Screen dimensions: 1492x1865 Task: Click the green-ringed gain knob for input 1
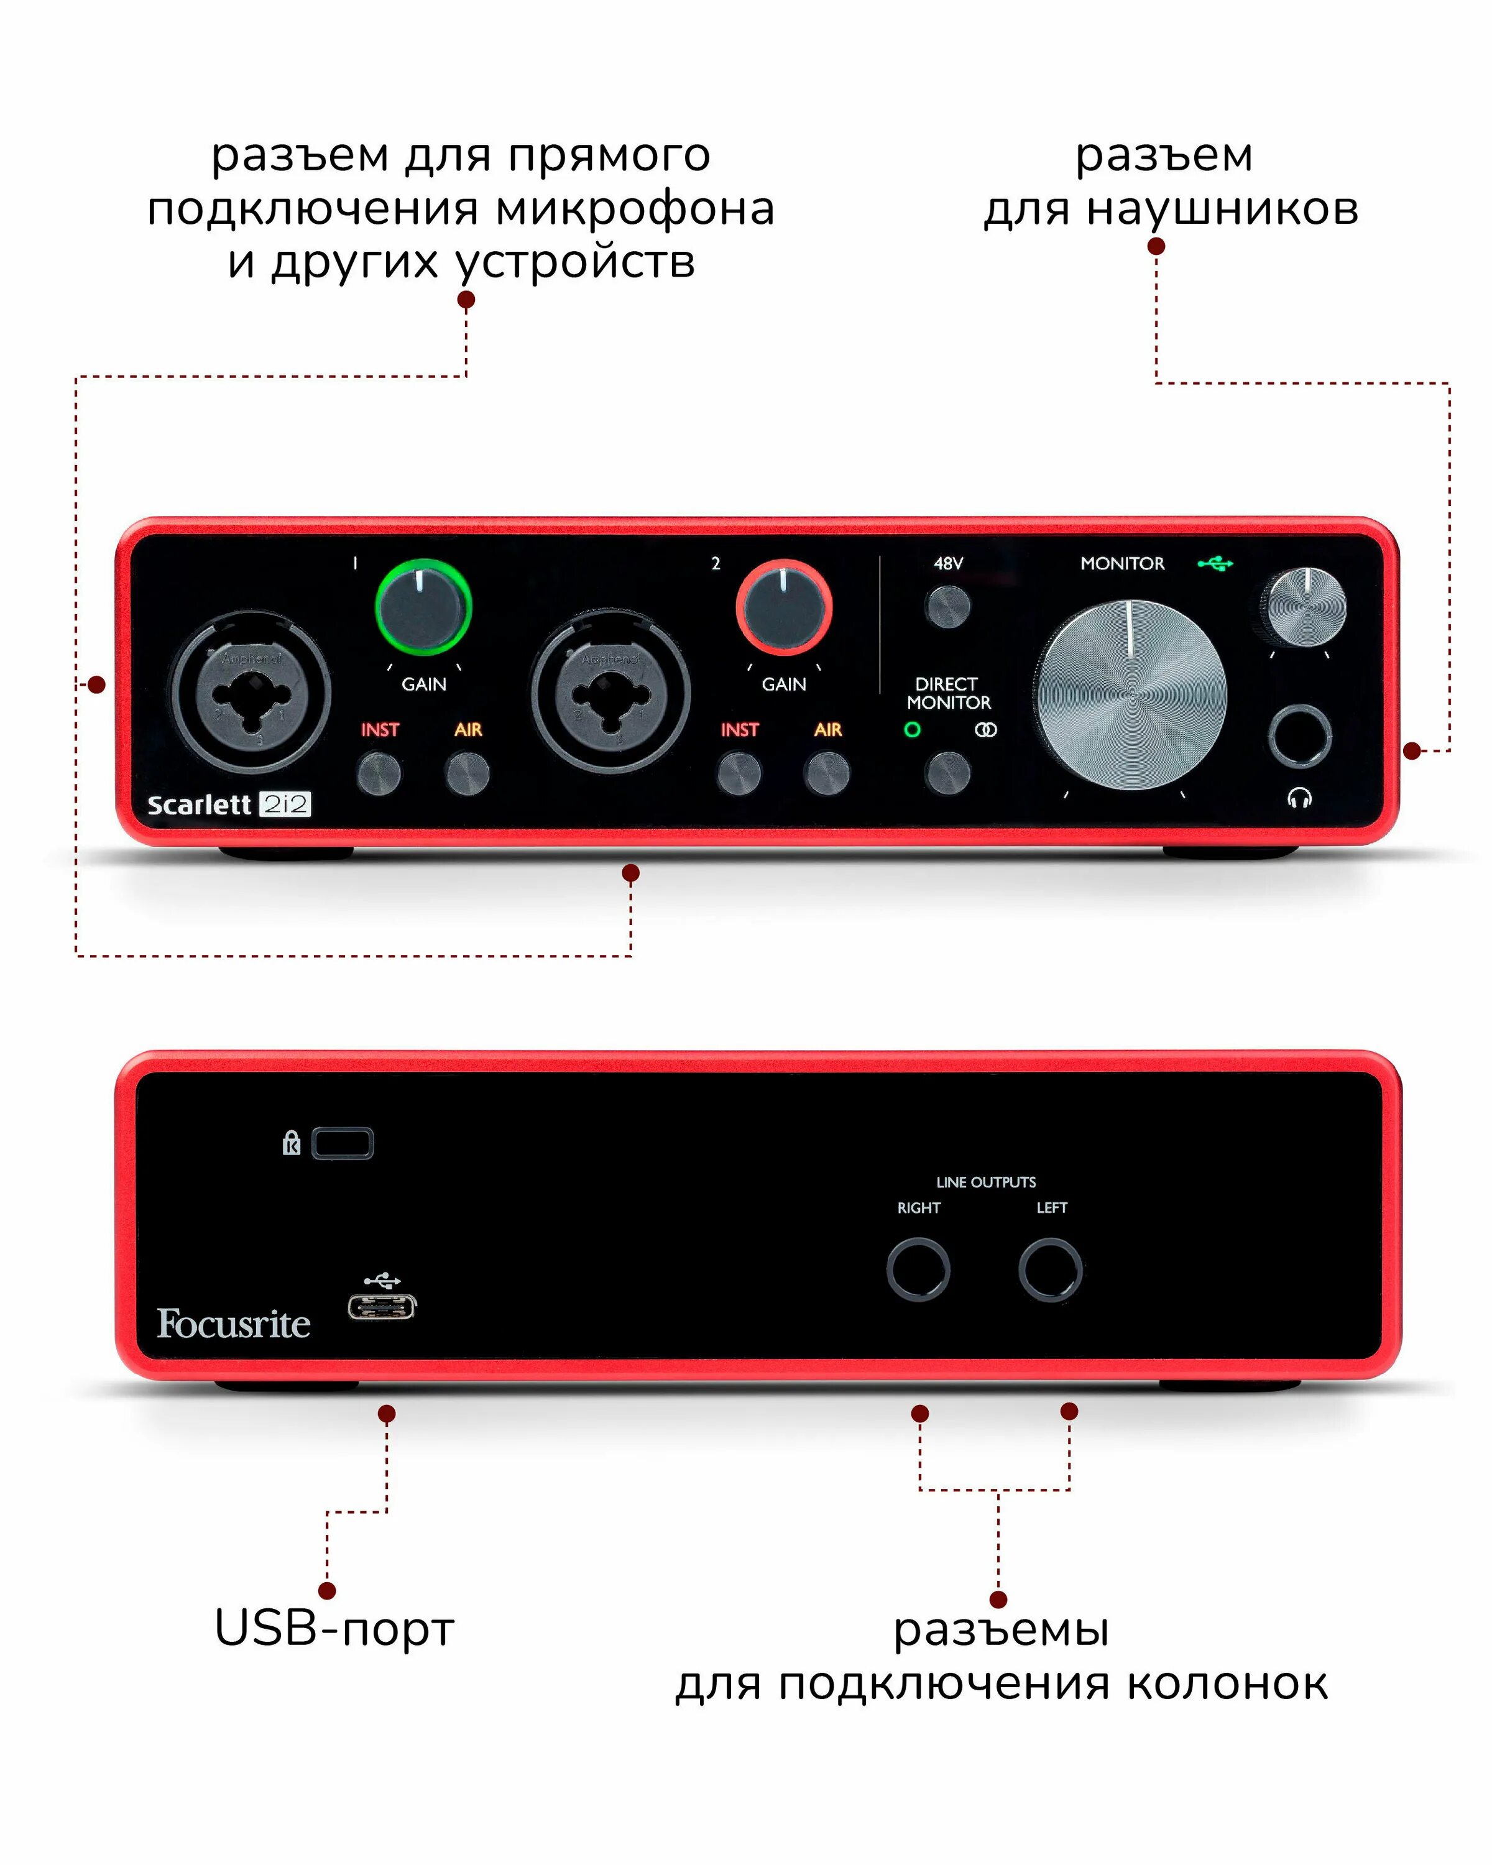tap(423, 607)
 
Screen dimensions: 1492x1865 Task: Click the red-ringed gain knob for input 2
tap(784, 607)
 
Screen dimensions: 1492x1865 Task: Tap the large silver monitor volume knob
tap(1130, 694)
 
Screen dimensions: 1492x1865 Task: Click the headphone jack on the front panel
tap(1299, 736)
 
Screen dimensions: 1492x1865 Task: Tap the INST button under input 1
tap(379, 773)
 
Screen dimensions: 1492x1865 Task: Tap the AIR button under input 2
tap(827, 773)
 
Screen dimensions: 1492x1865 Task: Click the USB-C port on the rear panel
tap(382, 1306)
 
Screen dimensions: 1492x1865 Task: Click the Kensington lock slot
tap(343, 1144)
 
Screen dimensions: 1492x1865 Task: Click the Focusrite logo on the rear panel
tap(234, 1324)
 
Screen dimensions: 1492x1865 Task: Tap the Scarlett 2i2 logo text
tap(228, 805)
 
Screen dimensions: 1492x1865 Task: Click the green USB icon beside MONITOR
tap(1215, 564)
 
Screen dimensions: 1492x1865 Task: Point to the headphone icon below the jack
tap(1299, 798)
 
